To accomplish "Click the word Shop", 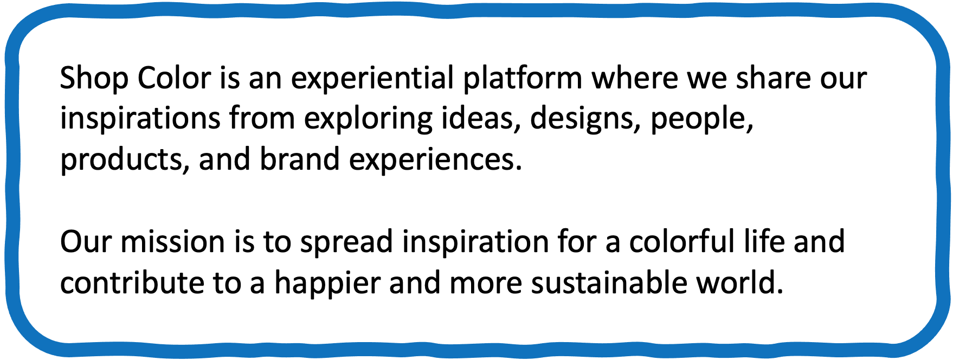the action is (94, 79).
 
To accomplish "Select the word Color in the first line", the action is (173, 78).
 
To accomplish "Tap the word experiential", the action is (372, 79).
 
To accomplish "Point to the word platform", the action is (523, 79).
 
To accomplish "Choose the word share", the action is (773, 78).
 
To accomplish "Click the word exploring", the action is (368, 119).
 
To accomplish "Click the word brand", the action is (300, 159).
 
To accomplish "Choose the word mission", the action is (173, 242).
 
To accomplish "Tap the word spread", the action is (346, 243).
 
